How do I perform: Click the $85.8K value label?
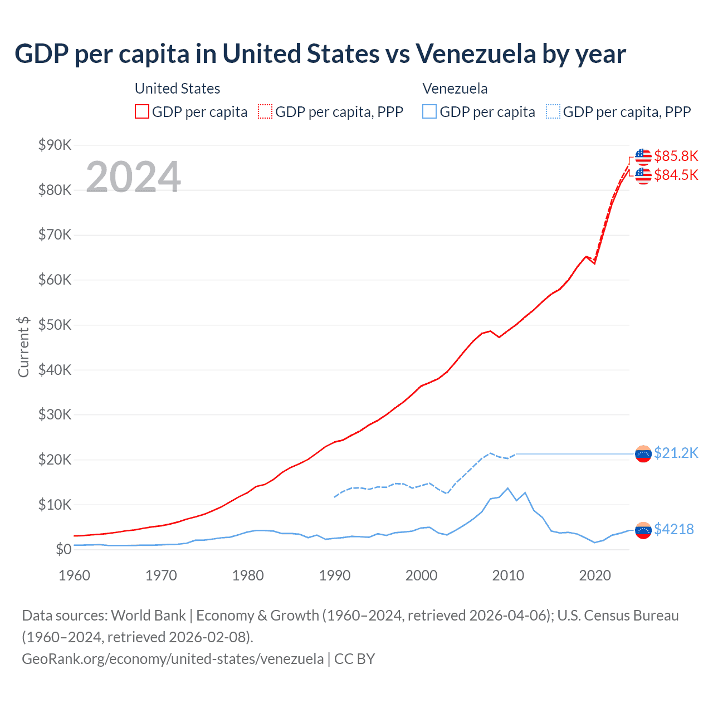click(x=676, y=156)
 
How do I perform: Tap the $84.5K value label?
click(x=676, y=175)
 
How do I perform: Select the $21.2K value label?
click(x=676, y=453)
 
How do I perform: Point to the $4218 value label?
click(x=673, y=529)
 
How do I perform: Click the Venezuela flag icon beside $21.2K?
click(x=643, y=454)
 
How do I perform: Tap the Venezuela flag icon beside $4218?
click(x=643, y=530)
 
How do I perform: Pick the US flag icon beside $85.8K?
click(x=643, y=157)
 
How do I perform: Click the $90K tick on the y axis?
click(x=55, y=145)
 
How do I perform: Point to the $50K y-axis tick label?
click(x=55, y=325)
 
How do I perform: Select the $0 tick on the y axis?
click(x=64, y=550)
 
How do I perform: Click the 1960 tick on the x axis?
click(x=74, y=575)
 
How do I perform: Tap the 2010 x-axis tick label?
click(x=508, y=575)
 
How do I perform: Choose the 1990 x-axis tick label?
click(x=334, y=575)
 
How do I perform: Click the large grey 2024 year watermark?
click(x=134, y=177)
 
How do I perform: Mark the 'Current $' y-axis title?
click(x=23, y=347)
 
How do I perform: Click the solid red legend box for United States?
click(x=142, y=112)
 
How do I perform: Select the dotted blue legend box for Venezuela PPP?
click(x=553, y=112)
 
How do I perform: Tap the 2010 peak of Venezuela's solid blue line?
click(x=507, y=488)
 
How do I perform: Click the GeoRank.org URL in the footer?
click(x=173, y=659)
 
